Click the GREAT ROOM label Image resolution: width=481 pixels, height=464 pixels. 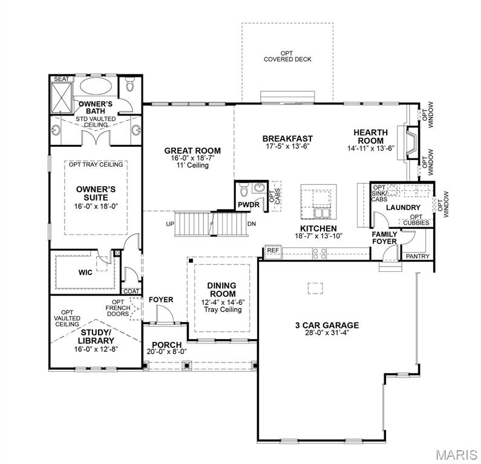(192, 150)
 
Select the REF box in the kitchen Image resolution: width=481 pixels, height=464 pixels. (272, 250)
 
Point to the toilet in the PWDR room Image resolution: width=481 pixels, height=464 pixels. (244, 192)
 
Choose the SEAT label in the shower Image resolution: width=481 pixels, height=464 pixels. (61, 79)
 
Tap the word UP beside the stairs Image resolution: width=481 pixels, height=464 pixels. (171, 224)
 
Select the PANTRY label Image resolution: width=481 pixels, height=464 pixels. (417, 256)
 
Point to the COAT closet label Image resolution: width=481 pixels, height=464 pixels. (131, 291)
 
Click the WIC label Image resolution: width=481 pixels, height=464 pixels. (85, 272)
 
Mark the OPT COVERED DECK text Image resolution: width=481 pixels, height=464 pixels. (287, 56)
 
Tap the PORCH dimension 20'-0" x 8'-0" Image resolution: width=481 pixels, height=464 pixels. (166, 352)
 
